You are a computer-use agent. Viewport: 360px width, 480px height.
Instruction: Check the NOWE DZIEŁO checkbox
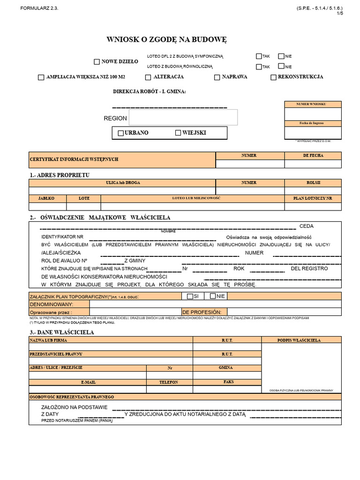[x=97, y=61]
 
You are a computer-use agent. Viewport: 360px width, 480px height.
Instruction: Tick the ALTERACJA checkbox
[x=148, y=77]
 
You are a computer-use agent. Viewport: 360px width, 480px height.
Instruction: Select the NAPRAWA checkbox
[x=217, y=77]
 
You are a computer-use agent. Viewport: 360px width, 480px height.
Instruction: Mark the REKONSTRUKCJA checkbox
[x=273, y=77]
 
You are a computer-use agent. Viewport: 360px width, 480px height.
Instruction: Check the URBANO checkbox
[x=120, y=133]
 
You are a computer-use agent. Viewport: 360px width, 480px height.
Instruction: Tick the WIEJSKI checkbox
[x=178, y=133]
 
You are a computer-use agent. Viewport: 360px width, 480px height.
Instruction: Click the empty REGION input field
[x=183, y=117]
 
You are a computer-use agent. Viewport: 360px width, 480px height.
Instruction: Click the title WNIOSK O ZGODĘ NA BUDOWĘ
[x=167, y=40]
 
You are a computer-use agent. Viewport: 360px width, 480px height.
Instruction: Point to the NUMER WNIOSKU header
[x=313, y=104]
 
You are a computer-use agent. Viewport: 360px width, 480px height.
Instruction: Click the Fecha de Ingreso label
[x=313, y=123]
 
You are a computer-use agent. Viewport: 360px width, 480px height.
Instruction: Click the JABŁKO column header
[x=47, y=198]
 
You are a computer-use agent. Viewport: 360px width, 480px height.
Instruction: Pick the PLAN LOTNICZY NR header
[x=313, y=198]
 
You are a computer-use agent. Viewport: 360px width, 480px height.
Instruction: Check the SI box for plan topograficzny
[x=190, y=296]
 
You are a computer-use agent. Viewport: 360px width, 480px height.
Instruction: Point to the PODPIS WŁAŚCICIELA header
[x=301, y=340]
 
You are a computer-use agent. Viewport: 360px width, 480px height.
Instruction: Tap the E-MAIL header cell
[x=88, y=382]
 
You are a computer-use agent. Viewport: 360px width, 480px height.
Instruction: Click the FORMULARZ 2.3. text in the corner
[x=40, y=8]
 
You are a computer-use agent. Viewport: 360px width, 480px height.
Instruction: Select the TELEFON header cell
[x=169, y=382]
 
